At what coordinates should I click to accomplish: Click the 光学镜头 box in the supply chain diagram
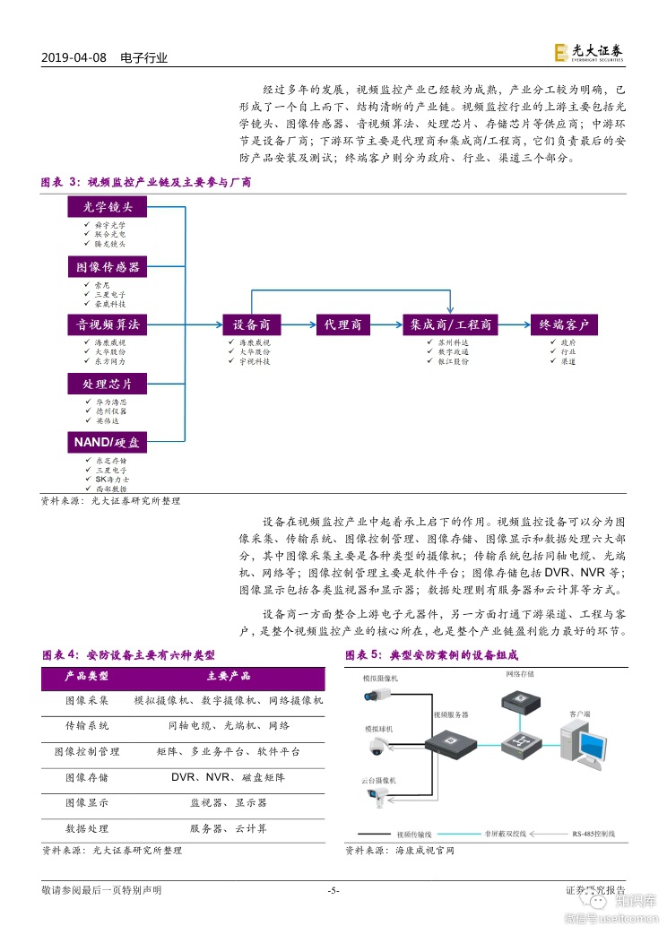[108, 208]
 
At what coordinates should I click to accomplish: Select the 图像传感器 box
[108, 267]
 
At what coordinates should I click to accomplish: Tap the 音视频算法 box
[108, 324]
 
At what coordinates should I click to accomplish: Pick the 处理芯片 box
[108, 384]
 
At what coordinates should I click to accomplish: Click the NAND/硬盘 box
[108, 442]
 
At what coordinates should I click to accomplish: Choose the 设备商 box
[252, 324]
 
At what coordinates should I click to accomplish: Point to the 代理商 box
[343, 324]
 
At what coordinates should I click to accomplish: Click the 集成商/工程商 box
[451, 324]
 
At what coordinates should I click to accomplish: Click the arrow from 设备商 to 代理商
[298, 324]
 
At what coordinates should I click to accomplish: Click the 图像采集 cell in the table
[87, 700]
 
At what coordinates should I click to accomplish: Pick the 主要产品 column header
[228, 676]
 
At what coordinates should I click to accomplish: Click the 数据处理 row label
[87, 829]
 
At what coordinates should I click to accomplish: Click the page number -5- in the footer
[333, 890]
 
